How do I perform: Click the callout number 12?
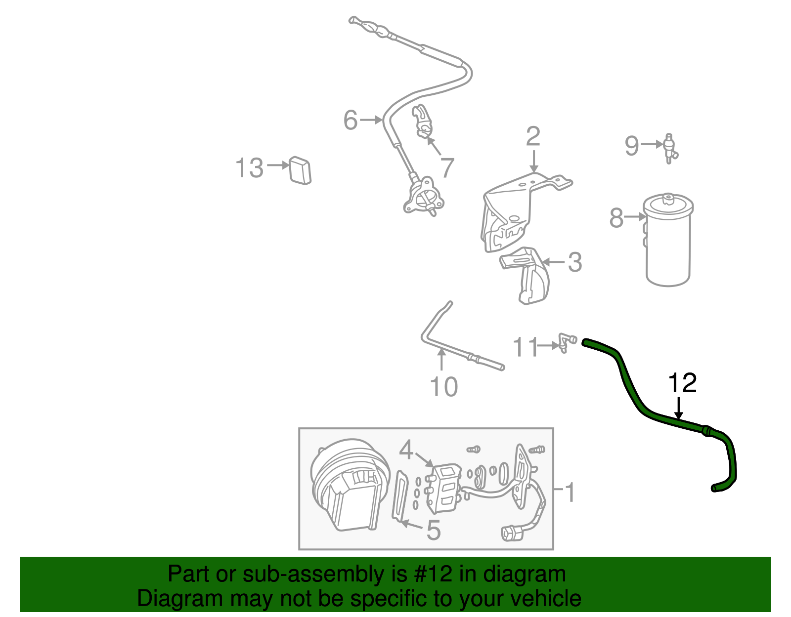[x=682, y=383]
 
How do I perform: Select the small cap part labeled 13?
[x=300, y=170]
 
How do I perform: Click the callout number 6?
[x=350, y=120]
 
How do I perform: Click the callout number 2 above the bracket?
[x=533, y=136]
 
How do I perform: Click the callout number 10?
[x=443, y=387]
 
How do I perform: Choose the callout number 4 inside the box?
[x=406, y=450]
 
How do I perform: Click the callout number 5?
[x=433, y=531]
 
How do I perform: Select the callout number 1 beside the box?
[x=570, y=493]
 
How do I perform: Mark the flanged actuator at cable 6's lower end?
[x=423, y=198]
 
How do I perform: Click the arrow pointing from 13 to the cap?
[x=278, y=165]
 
